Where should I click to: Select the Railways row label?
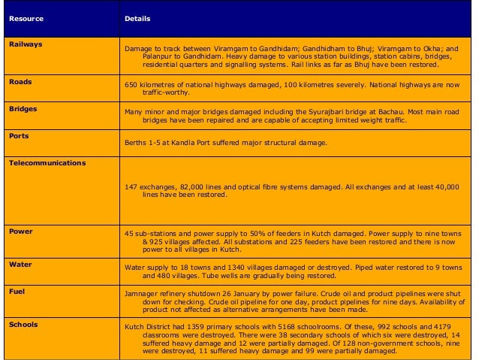click(26, 44)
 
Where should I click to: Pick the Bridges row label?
click(23, 108)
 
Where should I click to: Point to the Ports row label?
click(19, 136)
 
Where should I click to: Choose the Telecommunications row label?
click(47, 163)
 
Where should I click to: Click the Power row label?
click(20, 231)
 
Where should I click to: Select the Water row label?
click(20, 265)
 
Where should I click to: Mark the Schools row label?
click(23, 324)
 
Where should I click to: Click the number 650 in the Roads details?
click(131, 86)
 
